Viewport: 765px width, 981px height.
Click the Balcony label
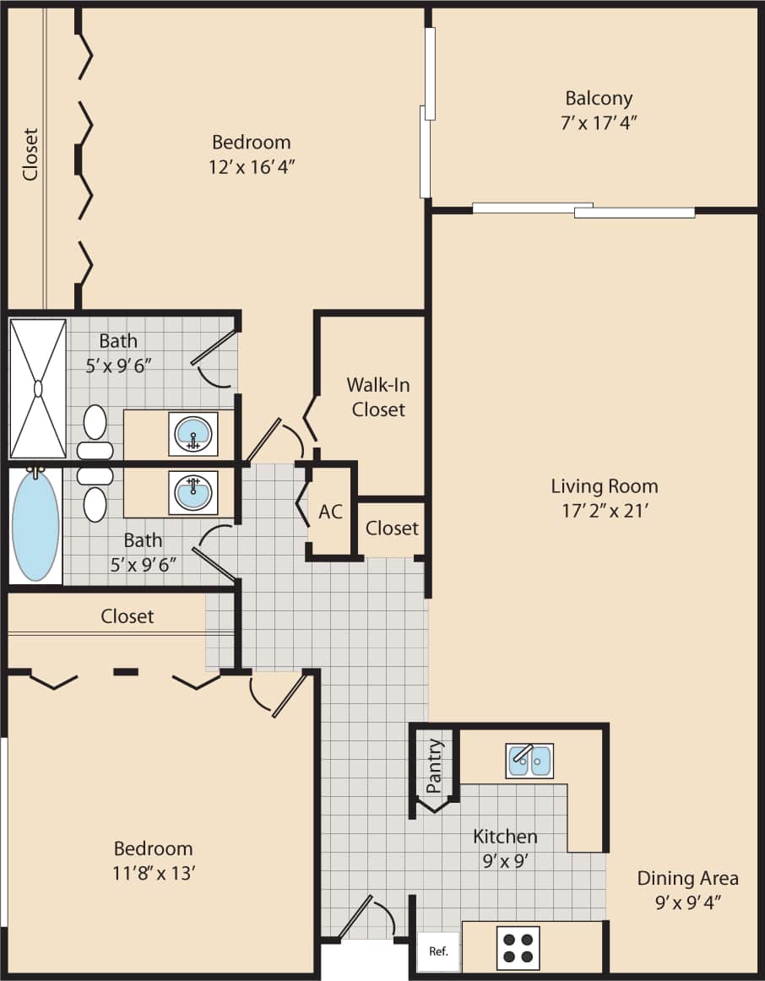point(599,98)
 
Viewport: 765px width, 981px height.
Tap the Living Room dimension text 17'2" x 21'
point(604,510)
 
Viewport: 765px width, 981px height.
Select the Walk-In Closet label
point(378,397)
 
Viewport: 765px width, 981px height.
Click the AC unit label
point(330,512)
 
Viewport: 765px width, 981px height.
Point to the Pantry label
point(434,767)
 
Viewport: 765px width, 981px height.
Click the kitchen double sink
point(529,761)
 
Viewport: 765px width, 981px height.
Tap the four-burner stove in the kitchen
point(517,947)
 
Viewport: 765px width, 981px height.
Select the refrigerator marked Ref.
point(438,951)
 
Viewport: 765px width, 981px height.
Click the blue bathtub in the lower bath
point(35,524)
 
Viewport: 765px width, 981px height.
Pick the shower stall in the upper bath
point(37,388)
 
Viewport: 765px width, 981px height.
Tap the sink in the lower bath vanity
point(193,492)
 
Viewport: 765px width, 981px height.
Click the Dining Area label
point(687,878)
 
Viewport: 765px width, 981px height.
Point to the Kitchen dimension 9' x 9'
point(504,861)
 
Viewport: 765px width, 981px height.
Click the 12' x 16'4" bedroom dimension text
point(251,166)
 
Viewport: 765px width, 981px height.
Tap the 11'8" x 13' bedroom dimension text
point(155,873)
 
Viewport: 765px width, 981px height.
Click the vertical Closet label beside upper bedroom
point(31,154)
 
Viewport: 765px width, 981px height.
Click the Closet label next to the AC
point(392,528)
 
